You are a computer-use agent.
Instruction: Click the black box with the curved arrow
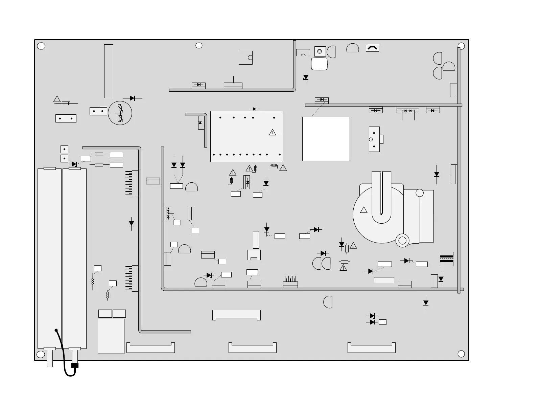[372, 48]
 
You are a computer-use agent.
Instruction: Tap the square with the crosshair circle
[320, 51]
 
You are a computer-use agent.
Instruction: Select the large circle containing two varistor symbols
[120, 113]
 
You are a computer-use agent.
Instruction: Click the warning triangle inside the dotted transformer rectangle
[272, 133]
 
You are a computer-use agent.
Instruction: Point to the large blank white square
[326, 139]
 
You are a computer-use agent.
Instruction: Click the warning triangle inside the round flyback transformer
[363, 210]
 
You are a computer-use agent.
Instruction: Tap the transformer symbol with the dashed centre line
[446, 259]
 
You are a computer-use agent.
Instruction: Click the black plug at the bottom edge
[75, 365]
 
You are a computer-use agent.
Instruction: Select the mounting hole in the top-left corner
[41, 46]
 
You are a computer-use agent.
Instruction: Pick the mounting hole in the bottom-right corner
[461, 354]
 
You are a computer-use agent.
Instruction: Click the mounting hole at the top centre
[199, 45]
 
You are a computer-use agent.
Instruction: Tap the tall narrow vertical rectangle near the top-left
[109, 71]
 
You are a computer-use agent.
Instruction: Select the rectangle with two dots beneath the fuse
[66, 118]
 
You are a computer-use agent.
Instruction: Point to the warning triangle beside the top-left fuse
[57, 99]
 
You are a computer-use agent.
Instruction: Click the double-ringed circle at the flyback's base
[402, 241]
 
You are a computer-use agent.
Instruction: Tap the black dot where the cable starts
[56, 330]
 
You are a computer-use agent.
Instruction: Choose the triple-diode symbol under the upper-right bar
[407, 110]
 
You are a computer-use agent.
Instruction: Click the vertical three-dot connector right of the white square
[374, 139]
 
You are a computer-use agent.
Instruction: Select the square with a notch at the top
[245, 58]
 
